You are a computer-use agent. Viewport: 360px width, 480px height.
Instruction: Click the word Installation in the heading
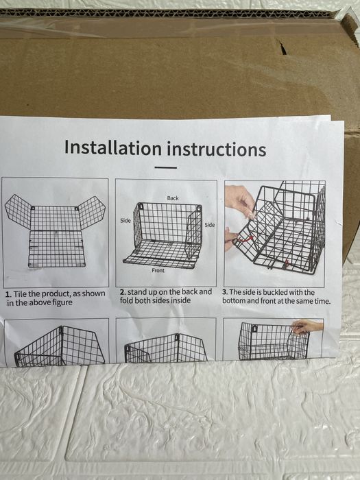113,148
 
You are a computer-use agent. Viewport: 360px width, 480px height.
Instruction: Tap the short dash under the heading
166,167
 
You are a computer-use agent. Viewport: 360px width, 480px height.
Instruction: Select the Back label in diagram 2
173,198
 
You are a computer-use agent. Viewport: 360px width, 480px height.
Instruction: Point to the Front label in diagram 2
158,270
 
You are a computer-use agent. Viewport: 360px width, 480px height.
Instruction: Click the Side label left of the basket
125,220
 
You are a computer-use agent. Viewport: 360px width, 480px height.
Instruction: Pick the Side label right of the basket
210,225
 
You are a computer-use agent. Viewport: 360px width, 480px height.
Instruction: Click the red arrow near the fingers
245,239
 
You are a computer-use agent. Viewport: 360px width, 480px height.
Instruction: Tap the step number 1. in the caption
8,294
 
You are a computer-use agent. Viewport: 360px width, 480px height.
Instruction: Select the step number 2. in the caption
123,292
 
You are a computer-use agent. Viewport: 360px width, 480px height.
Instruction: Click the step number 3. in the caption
225,292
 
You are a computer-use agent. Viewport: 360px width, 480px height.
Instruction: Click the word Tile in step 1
20,294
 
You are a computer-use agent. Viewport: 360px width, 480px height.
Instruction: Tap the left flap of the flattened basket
18,211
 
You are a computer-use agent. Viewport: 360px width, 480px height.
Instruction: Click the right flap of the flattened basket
92,212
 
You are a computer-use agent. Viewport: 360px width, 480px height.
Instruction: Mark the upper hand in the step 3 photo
240,200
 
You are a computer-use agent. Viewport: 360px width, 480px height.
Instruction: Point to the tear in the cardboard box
282,47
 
